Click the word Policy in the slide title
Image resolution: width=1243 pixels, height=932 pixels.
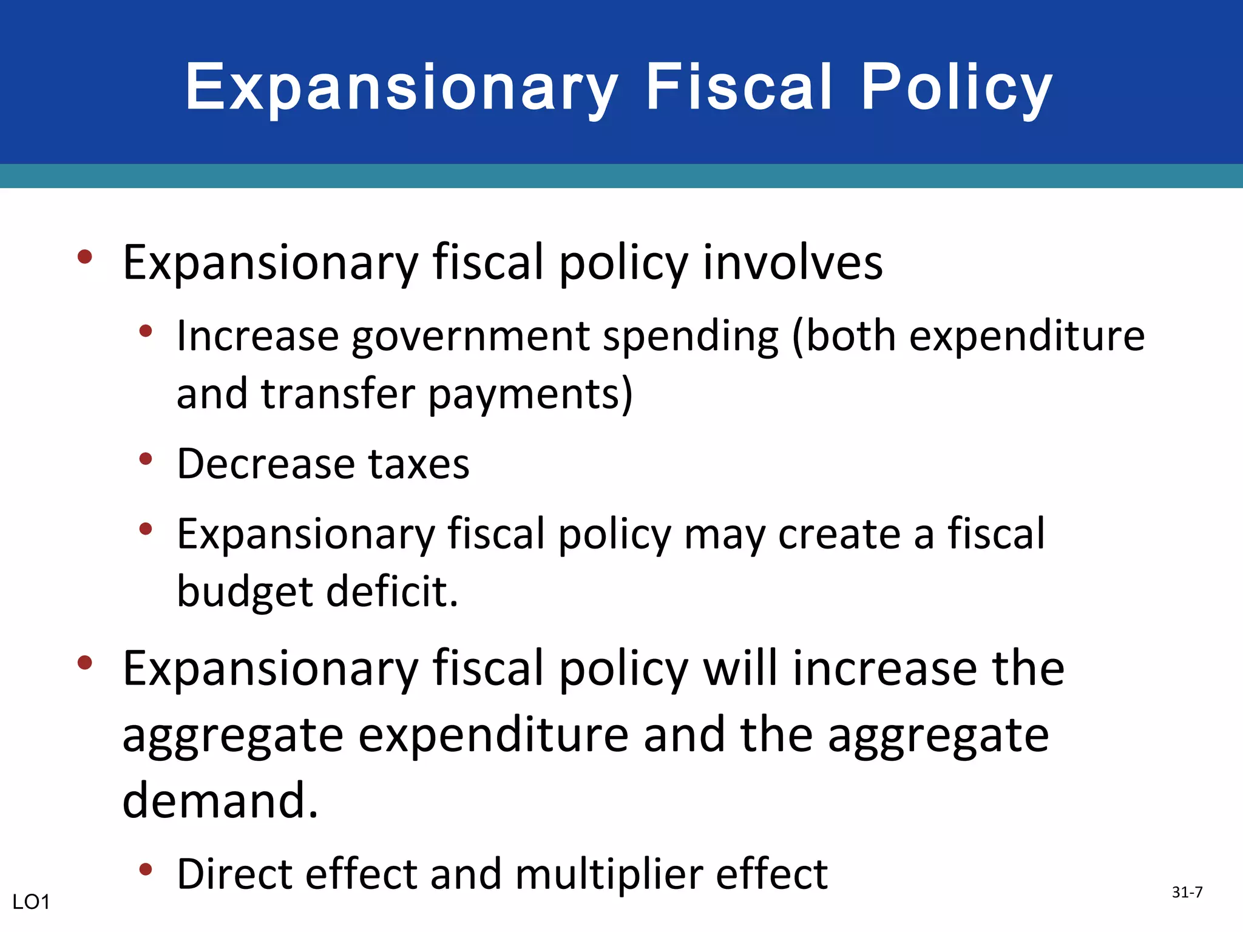(x=957, y=88)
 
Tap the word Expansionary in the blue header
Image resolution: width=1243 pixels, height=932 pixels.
(x=401, y=88)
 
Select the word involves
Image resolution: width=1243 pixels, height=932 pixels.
(x=793, y=262)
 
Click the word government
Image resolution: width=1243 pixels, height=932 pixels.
(x=470, y=337)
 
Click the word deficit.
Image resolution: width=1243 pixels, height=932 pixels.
(x=392, y=591)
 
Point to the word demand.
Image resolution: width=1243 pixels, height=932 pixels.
(x=220, y=800)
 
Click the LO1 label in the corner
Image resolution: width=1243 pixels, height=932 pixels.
(x=31, y=902)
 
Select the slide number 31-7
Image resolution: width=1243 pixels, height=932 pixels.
(x=1187, y=892)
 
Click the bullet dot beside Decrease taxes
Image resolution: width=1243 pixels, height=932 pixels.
(x=145, y=459)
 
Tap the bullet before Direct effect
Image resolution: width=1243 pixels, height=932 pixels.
(x=145, y=870)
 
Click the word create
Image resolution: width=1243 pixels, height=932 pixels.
(x=839, y=535)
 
